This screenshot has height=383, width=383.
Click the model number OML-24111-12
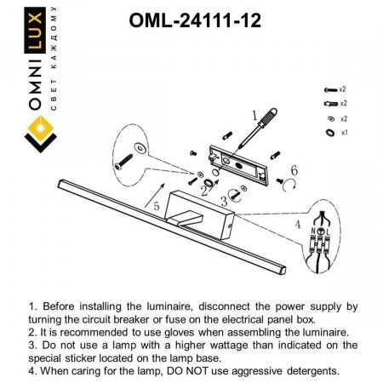point(192,19)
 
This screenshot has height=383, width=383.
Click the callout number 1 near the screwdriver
point(253,112)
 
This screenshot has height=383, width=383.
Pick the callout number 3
point(224,201)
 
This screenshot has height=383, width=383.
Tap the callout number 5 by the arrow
point(156,205)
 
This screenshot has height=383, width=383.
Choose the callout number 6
point(294,170)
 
